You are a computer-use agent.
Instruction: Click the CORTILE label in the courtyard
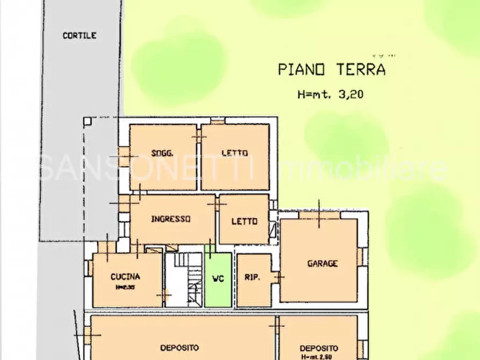(x=79, y=35)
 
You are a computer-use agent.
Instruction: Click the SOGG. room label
(x=161, y=153)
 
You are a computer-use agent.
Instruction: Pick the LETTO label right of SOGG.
(x=235, y=153)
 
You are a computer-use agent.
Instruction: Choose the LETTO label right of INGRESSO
(x=244, y=221)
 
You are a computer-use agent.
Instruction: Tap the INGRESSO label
(x=171, y=219)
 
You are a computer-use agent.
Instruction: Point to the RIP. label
(x=253, y=278)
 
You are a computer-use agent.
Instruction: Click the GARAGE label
(x=323, y=263)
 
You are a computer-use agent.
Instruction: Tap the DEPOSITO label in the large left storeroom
(x=180, y=348)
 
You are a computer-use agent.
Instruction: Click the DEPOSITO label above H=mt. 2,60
(x=319, y=348)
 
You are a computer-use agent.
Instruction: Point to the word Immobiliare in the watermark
(x=360, y=169)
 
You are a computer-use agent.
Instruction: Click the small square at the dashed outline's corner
(x=88, y=121)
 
